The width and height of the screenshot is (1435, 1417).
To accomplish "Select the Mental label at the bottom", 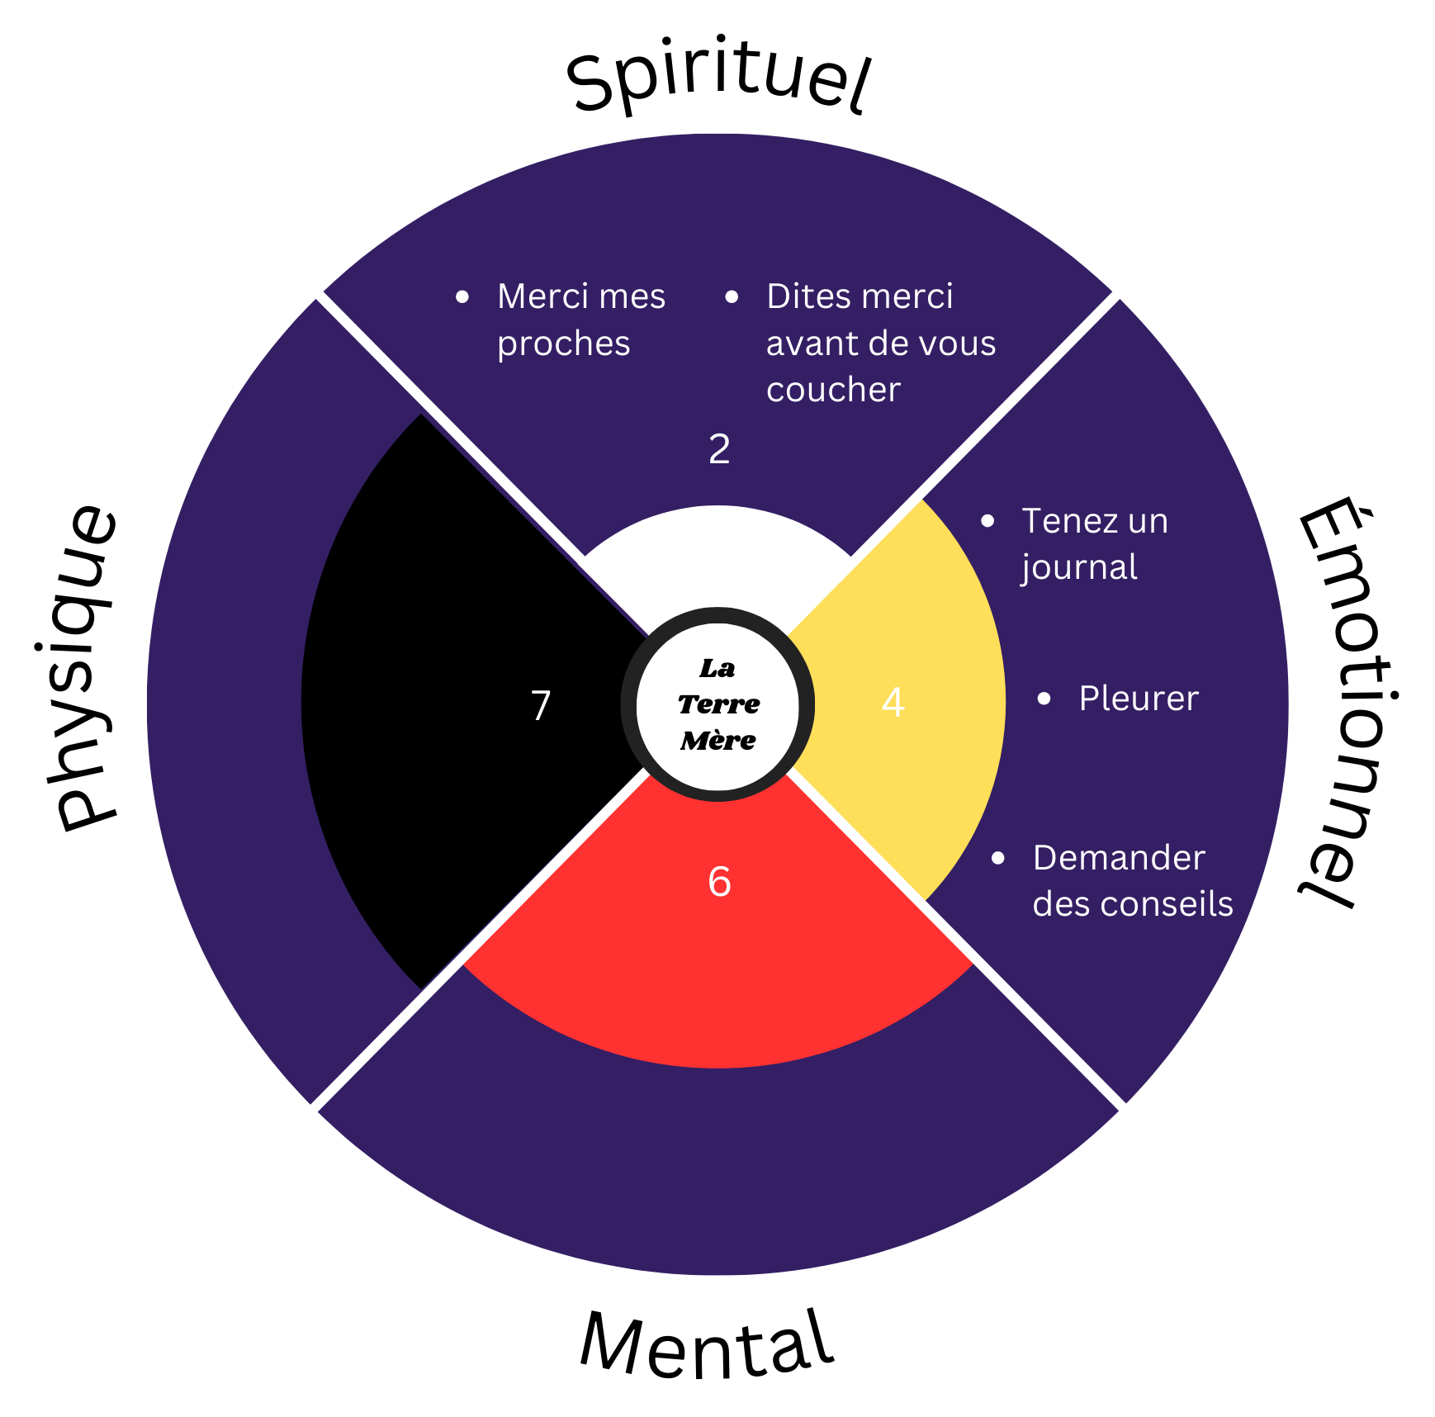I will pos(707,1345).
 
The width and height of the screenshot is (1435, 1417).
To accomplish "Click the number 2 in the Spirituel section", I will pos(719,449).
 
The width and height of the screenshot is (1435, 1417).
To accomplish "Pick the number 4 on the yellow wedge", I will pos(893,703).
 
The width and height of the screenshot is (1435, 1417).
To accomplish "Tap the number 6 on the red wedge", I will pos(719,882).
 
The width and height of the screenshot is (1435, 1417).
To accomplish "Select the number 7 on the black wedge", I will pos(541,706).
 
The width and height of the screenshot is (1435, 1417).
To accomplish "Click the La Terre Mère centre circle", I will pos(718,704).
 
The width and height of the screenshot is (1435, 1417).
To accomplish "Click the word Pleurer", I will pos(1138,699).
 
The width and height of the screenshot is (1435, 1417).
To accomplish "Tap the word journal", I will pos(1079,567).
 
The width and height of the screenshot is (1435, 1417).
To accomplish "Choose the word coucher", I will pos(832,390).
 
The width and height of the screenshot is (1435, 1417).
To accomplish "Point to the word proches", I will pos(563,344).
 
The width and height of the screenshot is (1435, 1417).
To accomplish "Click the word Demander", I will pos(1119,858).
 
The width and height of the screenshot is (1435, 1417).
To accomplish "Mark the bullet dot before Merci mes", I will pos(462,297).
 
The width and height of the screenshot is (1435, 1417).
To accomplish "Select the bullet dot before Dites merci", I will pos(732,297).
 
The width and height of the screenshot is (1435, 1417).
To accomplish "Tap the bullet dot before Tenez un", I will pos(987,521).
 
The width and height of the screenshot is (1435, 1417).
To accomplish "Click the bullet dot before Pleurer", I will pos(1044,699).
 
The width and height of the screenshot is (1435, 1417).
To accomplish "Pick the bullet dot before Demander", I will pos(998,859).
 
